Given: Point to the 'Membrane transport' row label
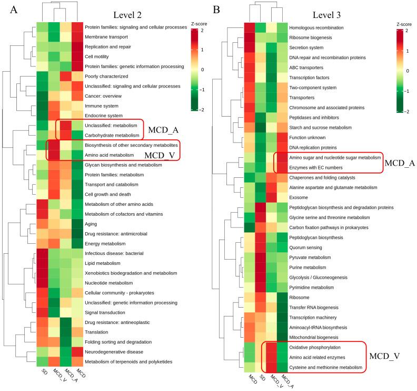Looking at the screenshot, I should click(107, 37).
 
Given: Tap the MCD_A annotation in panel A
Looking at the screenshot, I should click(163, 129).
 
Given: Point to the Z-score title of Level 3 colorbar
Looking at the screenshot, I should click(406, 24).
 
